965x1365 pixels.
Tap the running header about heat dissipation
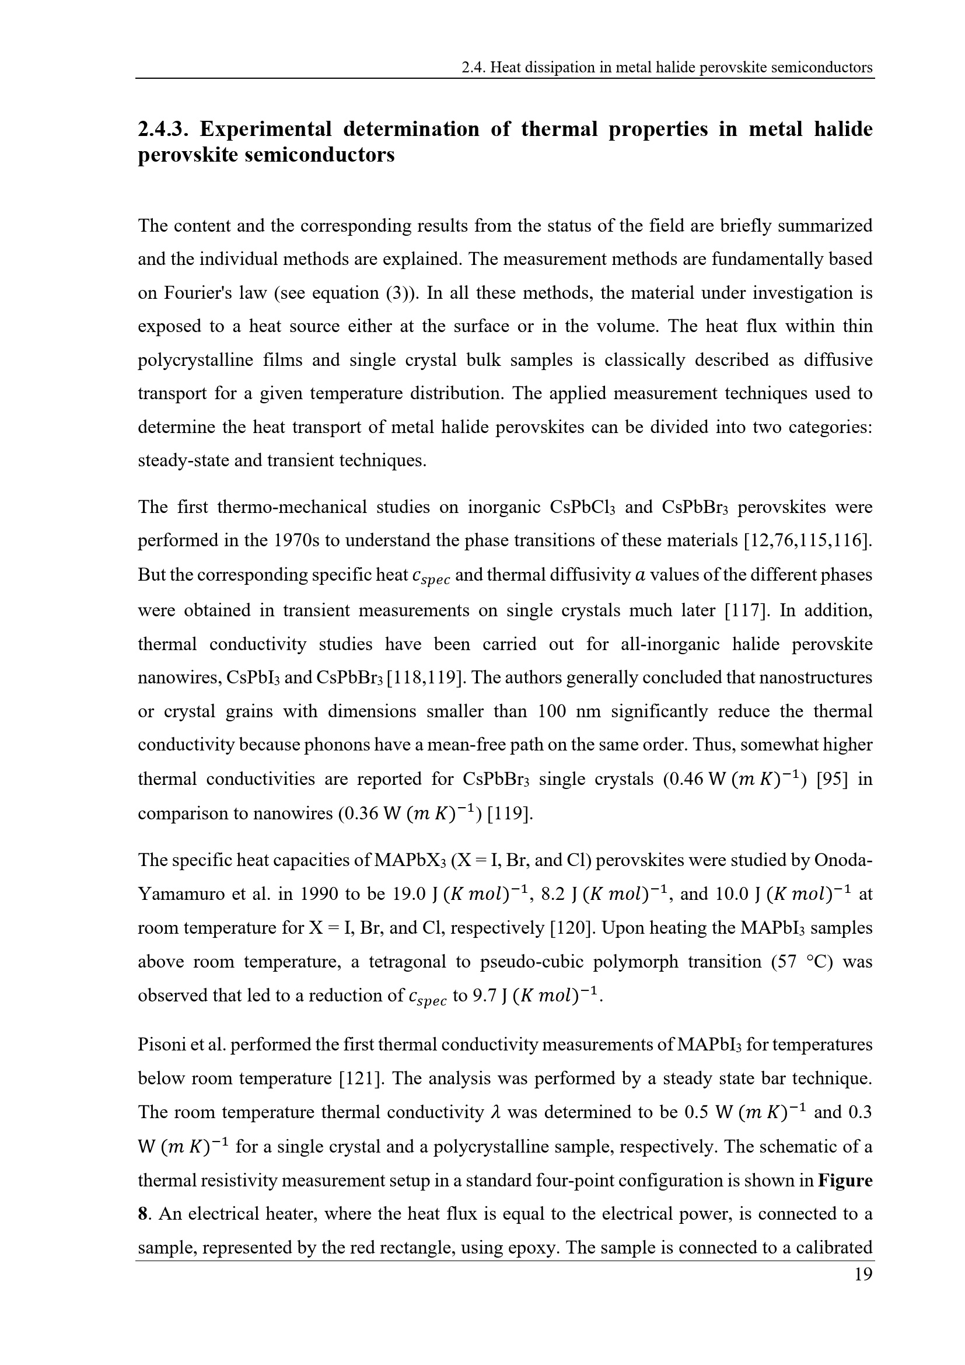click(667, 68)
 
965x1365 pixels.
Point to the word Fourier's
click(193, 293)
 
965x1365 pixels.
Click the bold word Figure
click(844, 1180)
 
